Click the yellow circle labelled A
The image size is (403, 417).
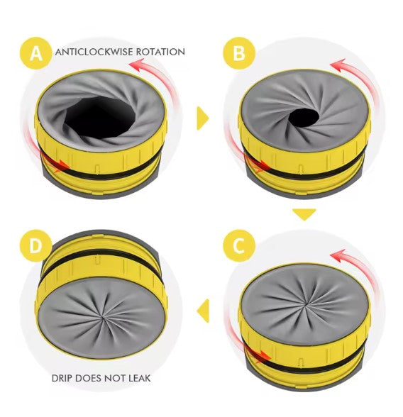pos(36,53)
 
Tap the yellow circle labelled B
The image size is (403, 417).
pos(239,53)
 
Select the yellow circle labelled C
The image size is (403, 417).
pos(239,246)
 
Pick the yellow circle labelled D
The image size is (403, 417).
pos(36,246)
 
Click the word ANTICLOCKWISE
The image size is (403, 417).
pos(94,52)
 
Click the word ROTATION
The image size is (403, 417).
pos(160,52)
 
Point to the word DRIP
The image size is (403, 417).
pos(62,378)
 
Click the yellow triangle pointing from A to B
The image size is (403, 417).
pos(203,118)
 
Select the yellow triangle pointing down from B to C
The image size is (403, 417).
pos(304,214)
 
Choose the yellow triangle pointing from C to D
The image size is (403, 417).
pos(203,311)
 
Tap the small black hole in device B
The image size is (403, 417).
pos(304,118)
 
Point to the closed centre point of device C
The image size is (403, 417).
pos(307,304)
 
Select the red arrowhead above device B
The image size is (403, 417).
pos(338,65)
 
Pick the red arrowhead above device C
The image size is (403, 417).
pos(338,255)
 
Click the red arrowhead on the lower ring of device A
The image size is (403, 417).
pos(62,166)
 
